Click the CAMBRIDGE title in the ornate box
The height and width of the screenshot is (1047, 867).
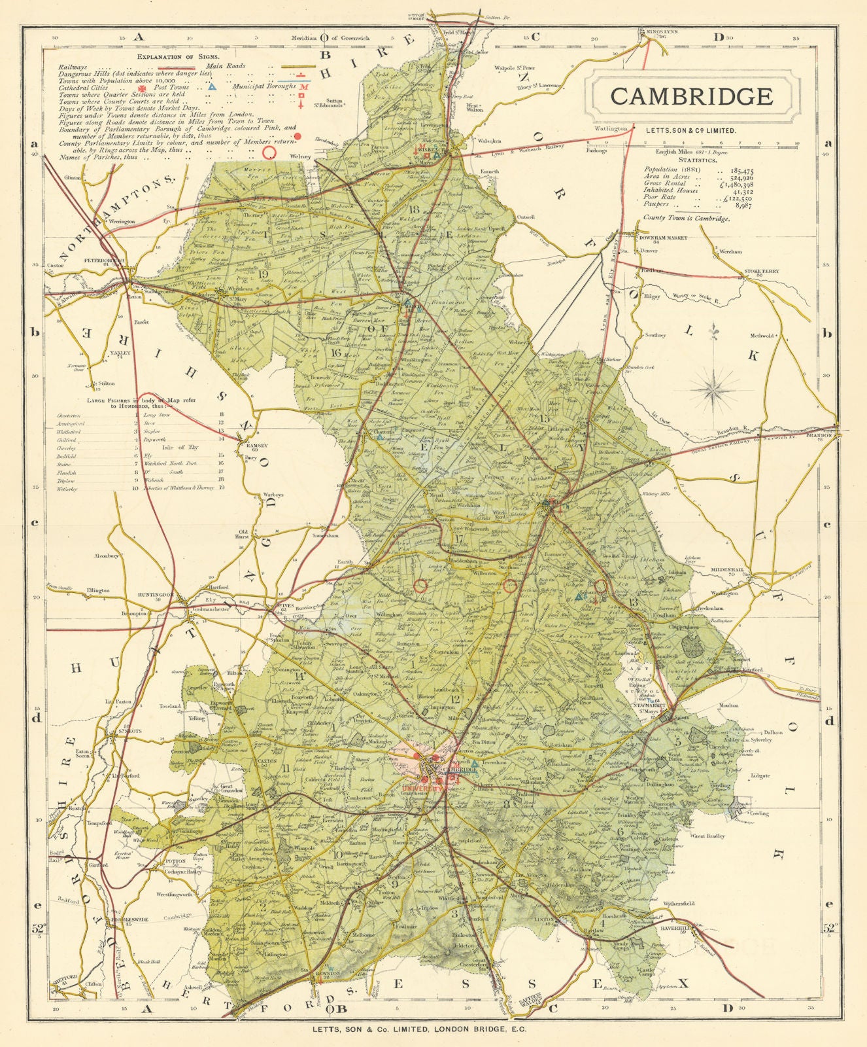click(x=691, y=96)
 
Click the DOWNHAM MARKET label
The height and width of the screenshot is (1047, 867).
click(x=663, y=238)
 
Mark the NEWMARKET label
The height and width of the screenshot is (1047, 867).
click(x=650, y=705)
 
